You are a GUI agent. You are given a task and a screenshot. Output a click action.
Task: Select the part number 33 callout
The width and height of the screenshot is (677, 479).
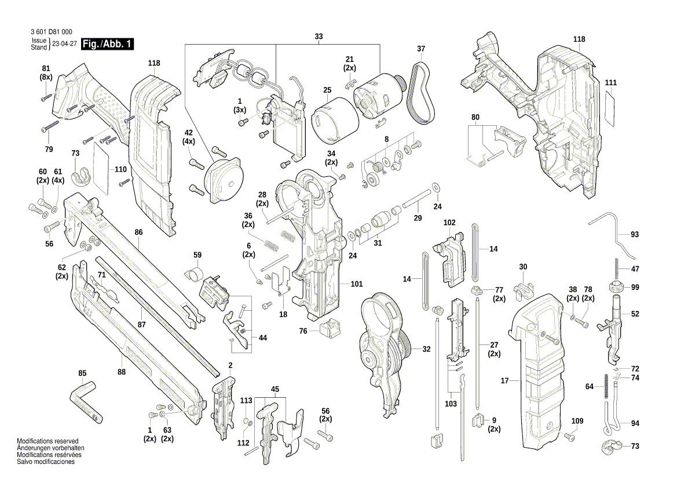(x=319, y=37)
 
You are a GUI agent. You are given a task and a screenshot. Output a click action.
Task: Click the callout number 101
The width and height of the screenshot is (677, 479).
(x=357, y=284)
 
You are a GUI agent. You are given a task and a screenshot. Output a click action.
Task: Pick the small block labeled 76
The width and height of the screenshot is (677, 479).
(x=328, y=329)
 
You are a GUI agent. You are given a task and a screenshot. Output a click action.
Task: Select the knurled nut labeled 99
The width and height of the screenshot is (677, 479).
(x=618, y=286)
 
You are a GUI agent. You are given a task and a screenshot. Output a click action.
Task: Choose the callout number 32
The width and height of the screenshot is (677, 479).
(x=426, y=349)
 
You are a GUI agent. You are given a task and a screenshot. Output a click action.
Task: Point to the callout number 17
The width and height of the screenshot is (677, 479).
(x=504, y=381)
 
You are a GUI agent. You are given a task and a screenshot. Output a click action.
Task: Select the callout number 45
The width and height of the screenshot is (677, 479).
(x=275, y=389)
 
